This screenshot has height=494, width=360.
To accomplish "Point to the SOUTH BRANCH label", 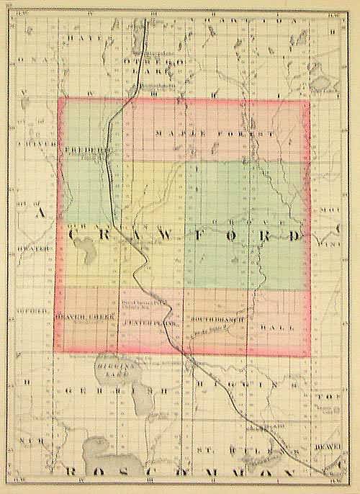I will [218, 315].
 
